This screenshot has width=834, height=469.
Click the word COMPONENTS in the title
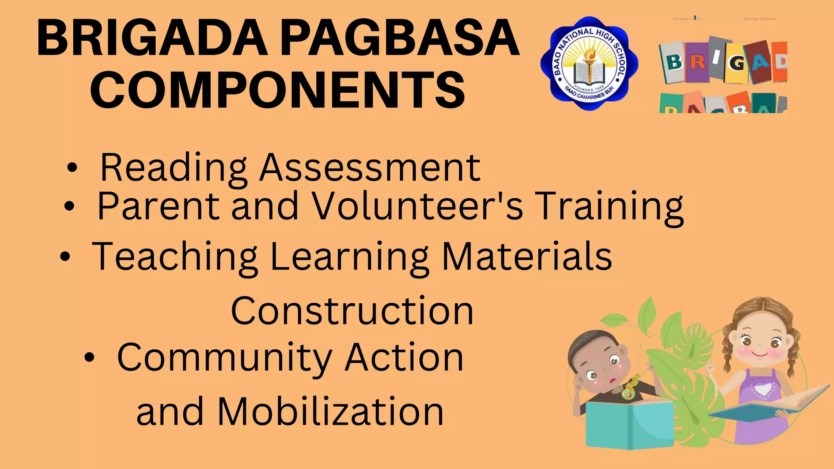pyautogui.click(x=277, y=90)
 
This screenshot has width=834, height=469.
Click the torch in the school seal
pyautogui.click(x=589, y=61)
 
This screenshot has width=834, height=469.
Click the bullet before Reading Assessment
pyautogui.click(x=72, y=168)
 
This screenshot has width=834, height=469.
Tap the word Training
pyautogui.click(x=609, y=207)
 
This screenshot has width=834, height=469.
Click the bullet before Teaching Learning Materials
pyautogui.click(x=65, y=257)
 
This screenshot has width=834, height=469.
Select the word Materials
pyautogui.click(x=527, y=256)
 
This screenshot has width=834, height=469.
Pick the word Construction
pyautogui.click(x=352, y=311)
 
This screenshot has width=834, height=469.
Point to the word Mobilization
pyautogui.click(x=330, y=412)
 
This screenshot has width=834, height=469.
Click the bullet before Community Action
pyautogui.click(x=89, y=357)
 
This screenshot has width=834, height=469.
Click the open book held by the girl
pyautogui.click(x=770, y=405)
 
